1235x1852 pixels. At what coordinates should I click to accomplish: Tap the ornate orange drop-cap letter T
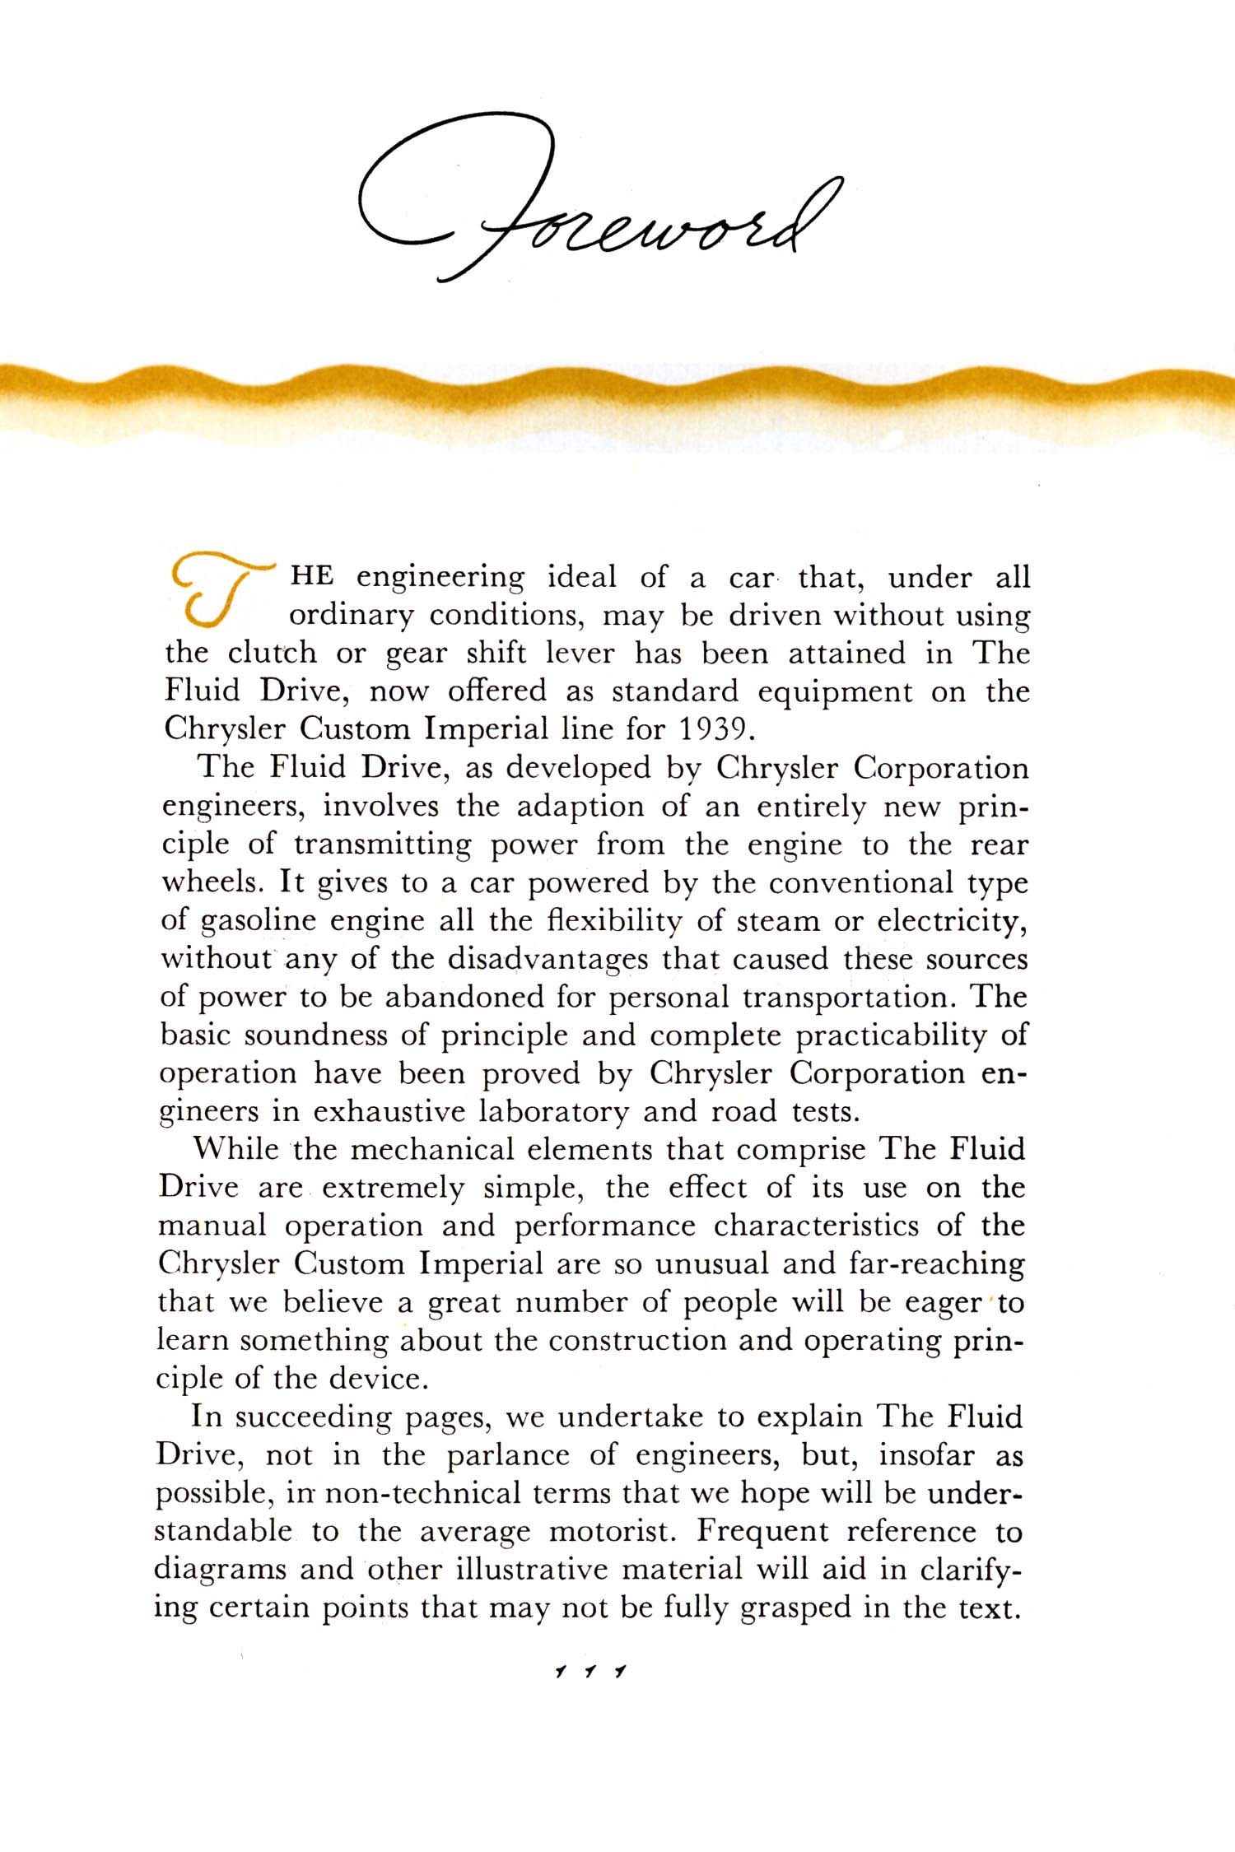(x=216, y=590)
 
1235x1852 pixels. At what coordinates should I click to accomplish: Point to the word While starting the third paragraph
(x=235, y=1150)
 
